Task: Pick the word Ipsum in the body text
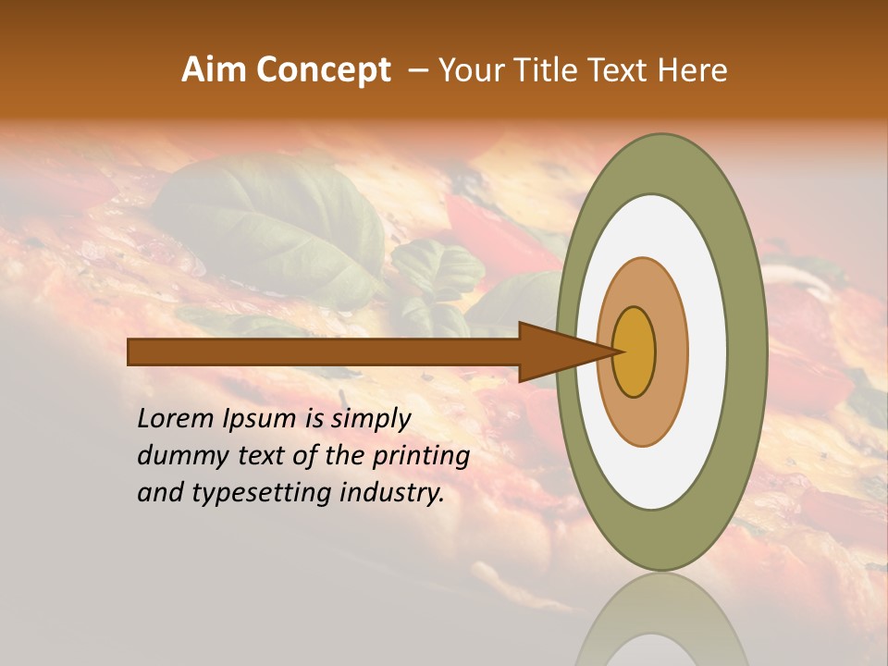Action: (x=260, y=419)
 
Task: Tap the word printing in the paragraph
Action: (x=421, y=456)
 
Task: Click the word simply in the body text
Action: (x=369, y=419)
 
